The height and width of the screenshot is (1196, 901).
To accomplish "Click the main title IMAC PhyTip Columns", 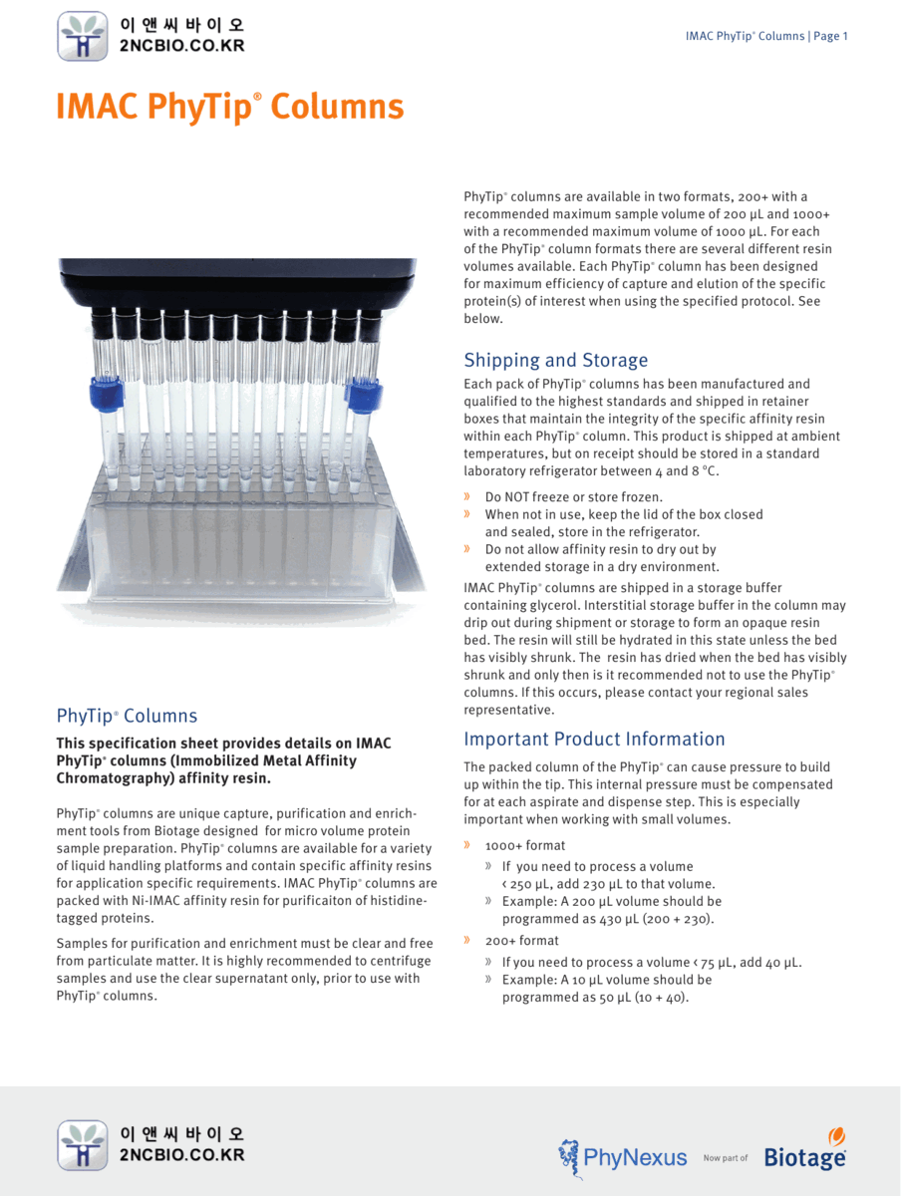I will click(x=230, y=108).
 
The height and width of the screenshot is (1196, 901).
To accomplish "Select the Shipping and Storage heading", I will click(x=555, y=360).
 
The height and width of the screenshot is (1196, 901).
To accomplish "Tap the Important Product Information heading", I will click(x=594, y=739).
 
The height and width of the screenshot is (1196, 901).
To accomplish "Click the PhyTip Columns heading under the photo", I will click(x=127, y=716).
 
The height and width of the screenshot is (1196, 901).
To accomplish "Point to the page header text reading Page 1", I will click(x=830, y=36).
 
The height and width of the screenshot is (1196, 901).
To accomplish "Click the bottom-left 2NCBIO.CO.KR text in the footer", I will click(x=181, y=1154).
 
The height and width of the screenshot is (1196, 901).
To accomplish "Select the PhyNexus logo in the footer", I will click(x=623, y=1156).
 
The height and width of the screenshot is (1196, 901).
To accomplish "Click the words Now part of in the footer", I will click(x=725, y=1158).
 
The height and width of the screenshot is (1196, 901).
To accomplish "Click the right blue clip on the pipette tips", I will click(x=359, y=395).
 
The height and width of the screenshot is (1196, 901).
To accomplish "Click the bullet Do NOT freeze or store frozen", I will click(x=573, y=496).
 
